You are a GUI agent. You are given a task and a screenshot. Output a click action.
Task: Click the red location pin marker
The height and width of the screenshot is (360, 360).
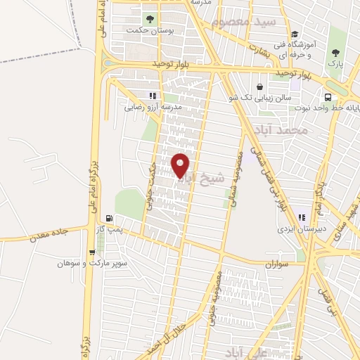coord(181,164)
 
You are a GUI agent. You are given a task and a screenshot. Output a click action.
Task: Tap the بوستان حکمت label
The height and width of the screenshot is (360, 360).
coord(146,30)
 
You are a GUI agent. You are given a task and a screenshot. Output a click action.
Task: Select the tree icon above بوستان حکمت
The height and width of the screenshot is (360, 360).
coord(149,18)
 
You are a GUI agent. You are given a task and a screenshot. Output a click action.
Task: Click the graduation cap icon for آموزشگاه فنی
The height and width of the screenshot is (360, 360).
coord(295,34)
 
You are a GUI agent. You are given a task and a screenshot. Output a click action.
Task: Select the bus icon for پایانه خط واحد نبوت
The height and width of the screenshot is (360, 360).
coord(328,97)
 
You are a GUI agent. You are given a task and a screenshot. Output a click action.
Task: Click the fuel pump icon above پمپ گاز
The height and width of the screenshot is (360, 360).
coord(108,218)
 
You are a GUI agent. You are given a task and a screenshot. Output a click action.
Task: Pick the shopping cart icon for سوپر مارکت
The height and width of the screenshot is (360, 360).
coord(92,253)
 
